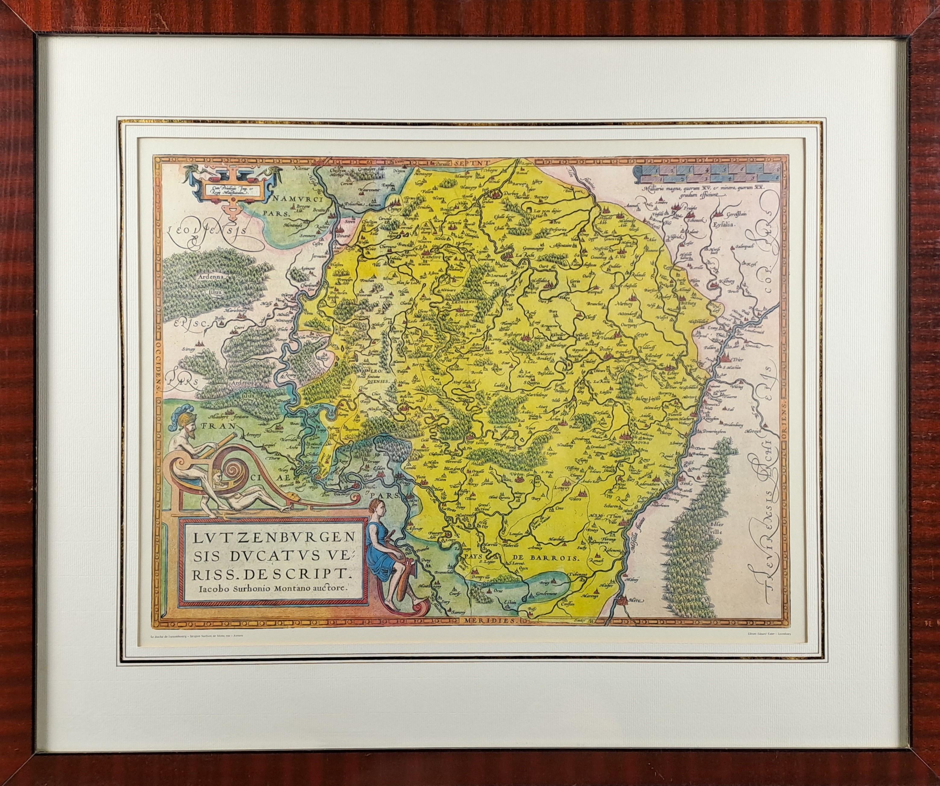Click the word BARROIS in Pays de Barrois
click(561, 558)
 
